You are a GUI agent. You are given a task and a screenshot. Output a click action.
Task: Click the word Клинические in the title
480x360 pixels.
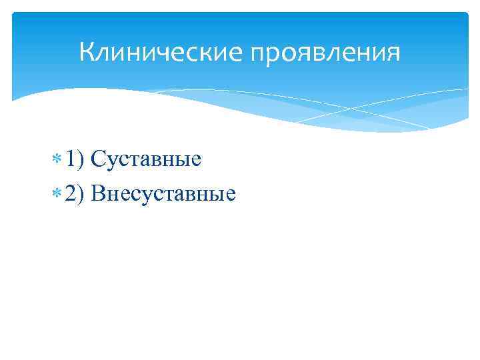tap(161, 51)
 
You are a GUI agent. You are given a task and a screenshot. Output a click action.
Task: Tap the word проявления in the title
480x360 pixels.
tap(326, 52)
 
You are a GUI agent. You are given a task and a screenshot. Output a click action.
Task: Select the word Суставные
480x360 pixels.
tap(146, 159)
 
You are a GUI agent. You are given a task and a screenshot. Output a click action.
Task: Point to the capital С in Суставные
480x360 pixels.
tap(97, 159)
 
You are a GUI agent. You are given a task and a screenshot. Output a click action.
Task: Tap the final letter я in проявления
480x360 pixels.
tap(395, 52)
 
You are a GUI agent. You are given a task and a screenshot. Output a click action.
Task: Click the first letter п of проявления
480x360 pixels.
tap(258, 53)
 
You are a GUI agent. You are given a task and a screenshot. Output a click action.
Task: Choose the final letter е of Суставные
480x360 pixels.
tap(196, 161)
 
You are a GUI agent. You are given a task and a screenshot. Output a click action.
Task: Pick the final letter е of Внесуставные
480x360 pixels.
tap(231, 194)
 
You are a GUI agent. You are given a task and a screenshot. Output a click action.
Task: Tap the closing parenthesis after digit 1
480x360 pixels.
tap(82, 160)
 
